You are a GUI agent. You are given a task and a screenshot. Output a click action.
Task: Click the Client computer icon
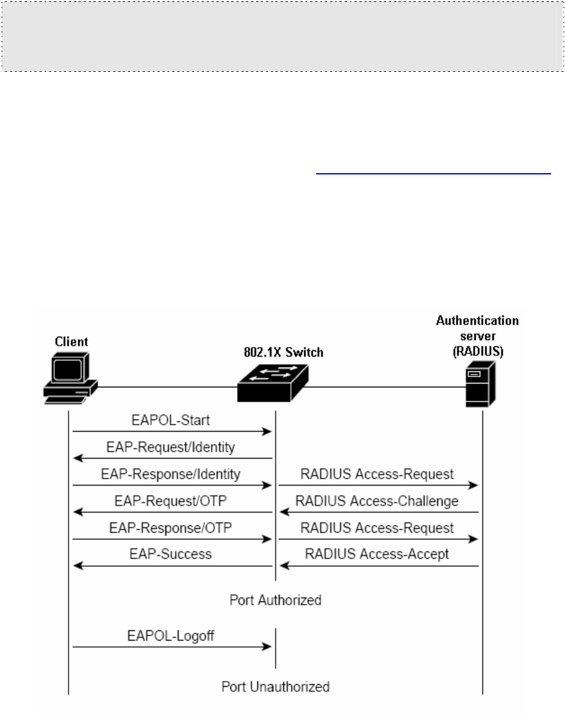69,378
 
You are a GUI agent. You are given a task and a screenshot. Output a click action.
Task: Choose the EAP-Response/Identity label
170,474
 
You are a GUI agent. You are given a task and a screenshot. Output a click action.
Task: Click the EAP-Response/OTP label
170,528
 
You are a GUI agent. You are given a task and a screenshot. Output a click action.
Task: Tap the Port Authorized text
276,601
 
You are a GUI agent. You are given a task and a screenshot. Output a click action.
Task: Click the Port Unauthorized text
276,687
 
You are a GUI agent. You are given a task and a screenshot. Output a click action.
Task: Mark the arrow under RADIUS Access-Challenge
378,512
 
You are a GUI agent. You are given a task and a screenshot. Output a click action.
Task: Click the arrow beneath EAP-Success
172,566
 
